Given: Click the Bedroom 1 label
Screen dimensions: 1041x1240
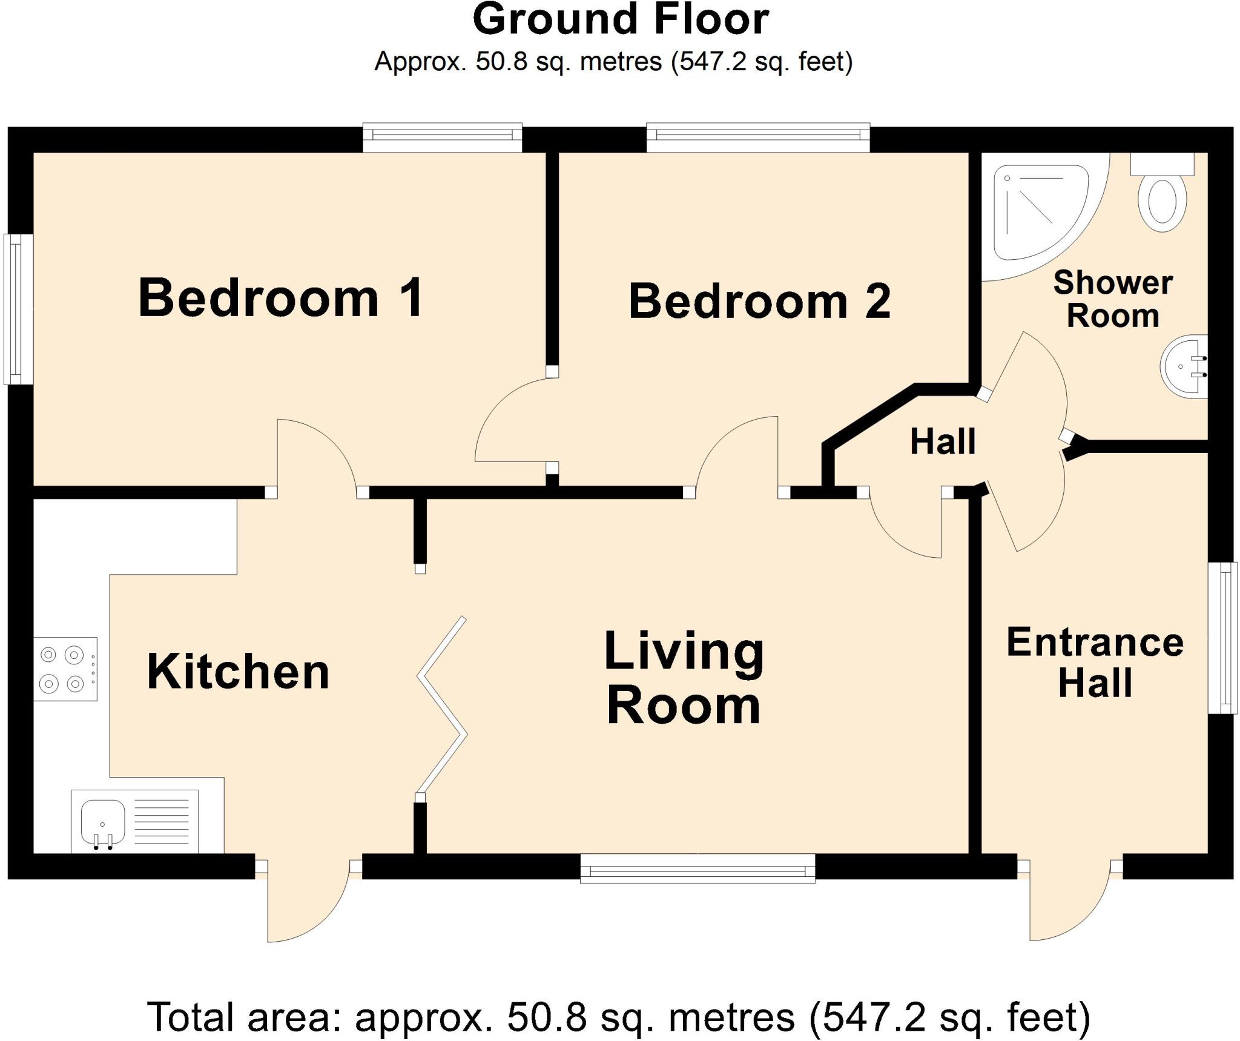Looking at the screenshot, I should pos(281,297).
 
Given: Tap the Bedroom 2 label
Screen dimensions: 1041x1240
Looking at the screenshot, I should pos(759,301).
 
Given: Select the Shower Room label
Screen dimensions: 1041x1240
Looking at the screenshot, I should pos(1113,299).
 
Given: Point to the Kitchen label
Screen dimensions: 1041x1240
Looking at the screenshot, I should pos(238,672).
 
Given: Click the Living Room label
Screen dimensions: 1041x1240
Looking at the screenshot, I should pos(684,678).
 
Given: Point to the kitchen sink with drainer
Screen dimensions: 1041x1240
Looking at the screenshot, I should pos(134,821).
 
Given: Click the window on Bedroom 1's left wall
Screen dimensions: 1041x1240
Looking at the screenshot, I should pos(18,309).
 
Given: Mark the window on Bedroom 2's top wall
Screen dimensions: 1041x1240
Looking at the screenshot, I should pos(758,137).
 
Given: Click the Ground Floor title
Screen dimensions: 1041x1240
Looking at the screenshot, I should pos(620,19).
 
